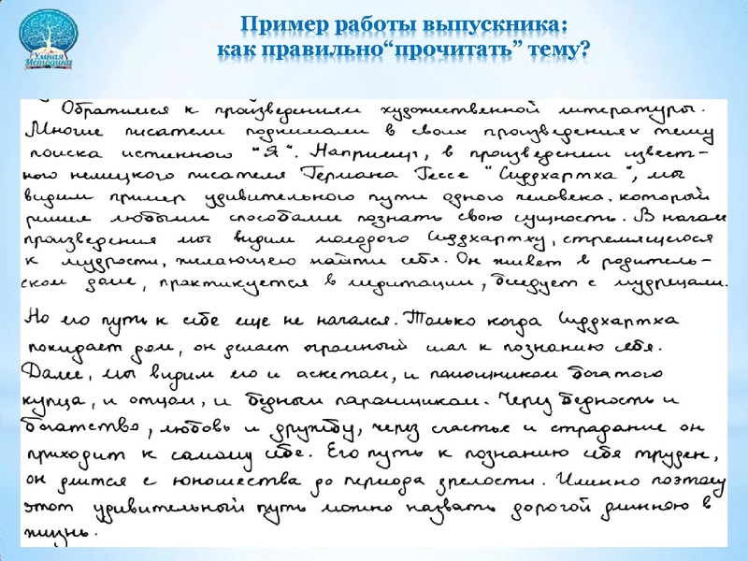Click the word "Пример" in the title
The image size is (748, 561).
point(274,22)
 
